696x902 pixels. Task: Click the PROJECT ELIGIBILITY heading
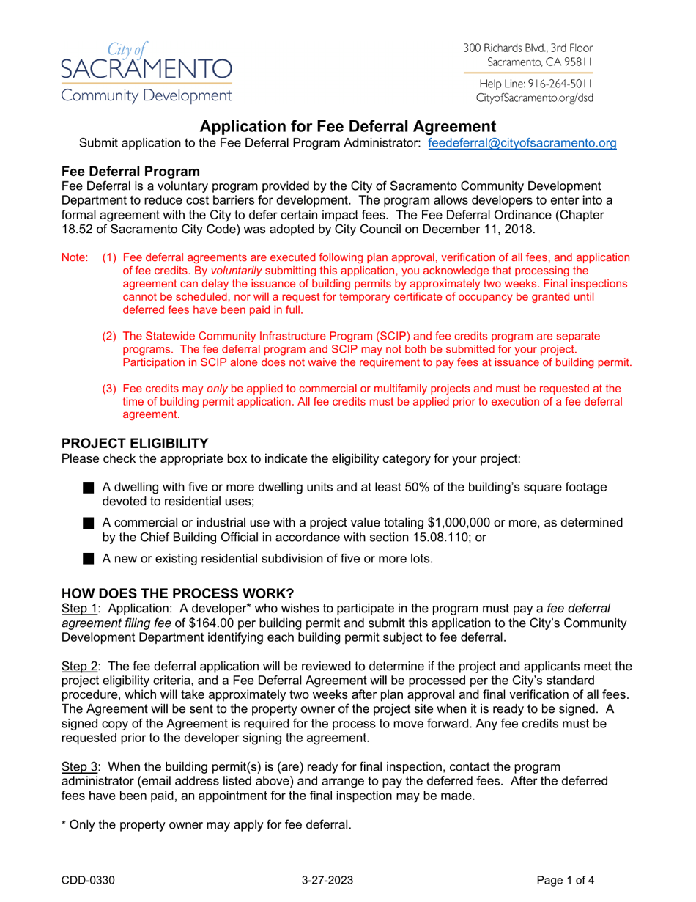tap(135, 444)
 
